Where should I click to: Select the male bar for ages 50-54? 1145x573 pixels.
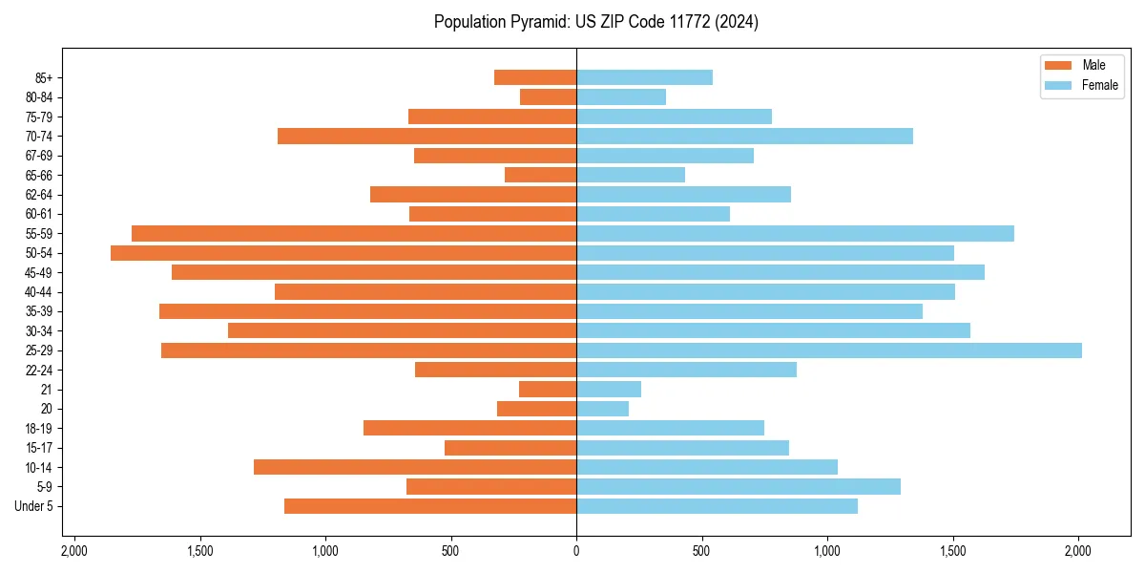click(x=343, y=253)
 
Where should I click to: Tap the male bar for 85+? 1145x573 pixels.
click(x=535, y=77)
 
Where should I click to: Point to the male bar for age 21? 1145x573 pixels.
click(x=548, y=390)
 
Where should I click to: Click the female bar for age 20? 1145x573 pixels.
click(x=602, y=409)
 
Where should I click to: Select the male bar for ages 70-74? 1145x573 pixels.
click(x=427, y=137)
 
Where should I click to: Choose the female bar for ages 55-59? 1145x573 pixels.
click(x=795, y=234)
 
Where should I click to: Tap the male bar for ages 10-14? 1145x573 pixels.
click(x=415, y=467)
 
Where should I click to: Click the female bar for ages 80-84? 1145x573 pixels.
click(x=621, y=97)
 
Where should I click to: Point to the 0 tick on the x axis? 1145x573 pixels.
click(x=576, y=551)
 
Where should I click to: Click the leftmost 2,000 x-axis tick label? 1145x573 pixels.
click(x=73, y=551)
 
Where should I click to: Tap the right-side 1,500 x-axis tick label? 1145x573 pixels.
click(x=953, y=551)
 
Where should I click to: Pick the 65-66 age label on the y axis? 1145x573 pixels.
click(x=39, y=176)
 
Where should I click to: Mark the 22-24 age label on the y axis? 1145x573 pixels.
click(x=39, y=371)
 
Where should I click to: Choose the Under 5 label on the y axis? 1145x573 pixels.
click(x=34, y=506)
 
